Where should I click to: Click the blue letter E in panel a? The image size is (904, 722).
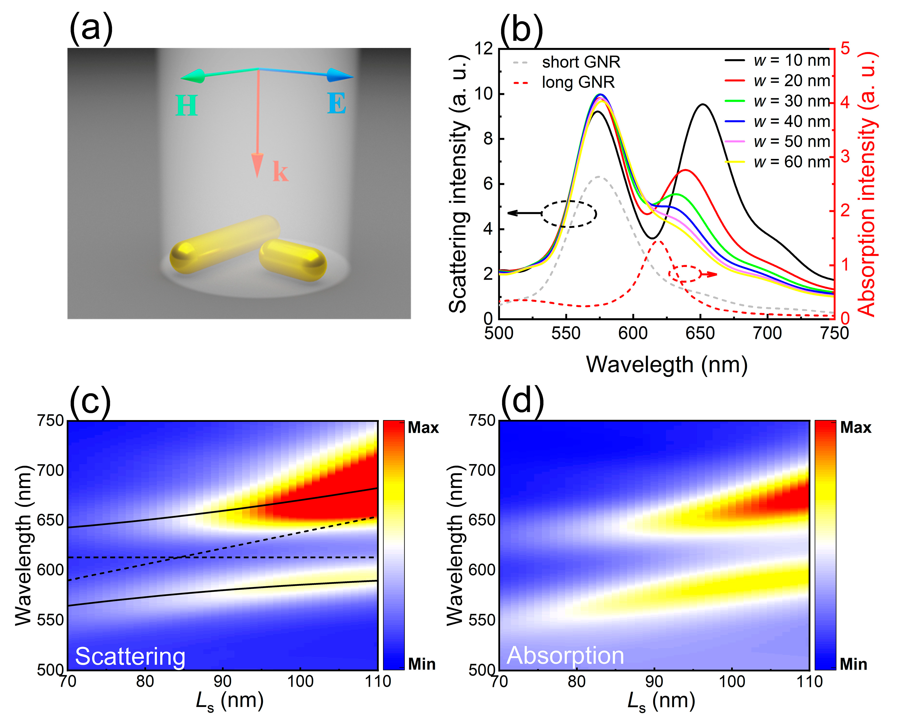pyautogui.click(x=337, y=104)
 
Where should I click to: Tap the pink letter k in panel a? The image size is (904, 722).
pyautogui.click(x=280, y=172)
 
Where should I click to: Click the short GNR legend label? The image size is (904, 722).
pyautogui.click(x=581, y=62)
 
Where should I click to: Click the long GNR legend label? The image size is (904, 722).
pyautogui.click(x=578, y=82)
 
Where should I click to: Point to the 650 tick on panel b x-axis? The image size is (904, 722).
pyautogui.click(x=700, y=334)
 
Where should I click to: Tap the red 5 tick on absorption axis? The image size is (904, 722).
pyautogui.click(x=845, y=49)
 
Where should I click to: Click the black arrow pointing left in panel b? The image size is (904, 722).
pyautogui.click(x=524, y=213)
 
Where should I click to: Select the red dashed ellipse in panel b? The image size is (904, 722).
pyautogui.click(x=685, y=273)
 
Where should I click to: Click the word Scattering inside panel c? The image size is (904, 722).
pyautogui.click(x=130, y=657)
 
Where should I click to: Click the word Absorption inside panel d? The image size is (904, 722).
pyautogui.click(x=565, y=655)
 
